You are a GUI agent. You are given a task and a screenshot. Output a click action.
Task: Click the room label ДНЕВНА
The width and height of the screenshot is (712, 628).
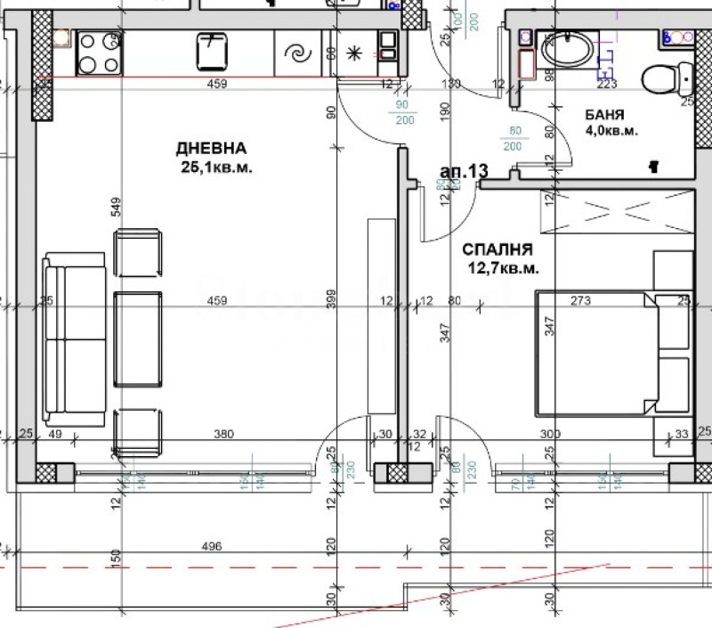[x=211, y=149]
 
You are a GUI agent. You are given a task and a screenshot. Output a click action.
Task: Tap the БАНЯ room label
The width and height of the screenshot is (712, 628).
[x=604, y=116]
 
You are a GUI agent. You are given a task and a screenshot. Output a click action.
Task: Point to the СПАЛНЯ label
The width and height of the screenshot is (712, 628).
[x=498, y=250]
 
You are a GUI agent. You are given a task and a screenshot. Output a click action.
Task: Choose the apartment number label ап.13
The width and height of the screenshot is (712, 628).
[x=465, y=171]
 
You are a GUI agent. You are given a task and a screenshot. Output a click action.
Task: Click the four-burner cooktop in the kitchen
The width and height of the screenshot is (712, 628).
[x=99, y=53]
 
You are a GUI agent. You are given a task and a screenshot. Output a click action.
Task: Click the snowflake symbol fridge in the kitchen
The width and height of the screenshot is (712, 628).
[x=354, y=53]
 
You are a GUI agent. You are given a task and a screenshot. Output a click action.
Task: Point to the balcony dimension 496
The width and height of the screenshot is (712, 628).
[x=211, y=546]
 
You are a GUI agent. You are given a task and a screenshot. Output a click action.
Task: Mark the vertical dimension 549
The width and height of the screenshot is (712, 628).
[x=116, y=207]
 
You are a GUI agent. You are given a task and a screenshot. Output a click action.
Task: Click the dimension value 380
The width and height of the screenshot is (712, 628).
[x=223, y=435]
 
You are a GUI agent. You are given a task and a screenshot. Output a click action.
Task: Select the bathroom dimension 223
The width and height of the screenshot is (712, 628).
[x=607, y=85]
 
